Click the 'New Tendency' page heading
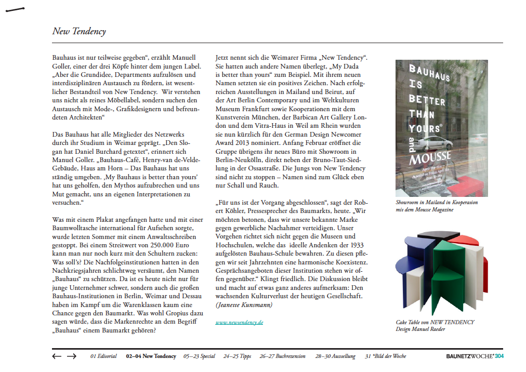79,31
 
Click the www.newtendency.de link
239,322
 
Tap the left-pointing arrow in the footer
57,356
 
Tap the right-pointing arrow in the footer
72,356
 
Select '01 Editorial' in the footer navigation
103,356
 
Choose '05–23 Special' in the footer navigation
199,356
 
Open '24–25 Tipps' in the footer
237,356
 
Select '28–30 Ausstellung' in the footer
335,356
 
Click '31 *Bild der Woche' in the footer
385,356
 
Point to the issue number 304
499,356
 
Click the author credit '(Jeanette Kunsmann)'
244,304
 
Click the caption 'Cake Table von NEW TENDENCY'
435,322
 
